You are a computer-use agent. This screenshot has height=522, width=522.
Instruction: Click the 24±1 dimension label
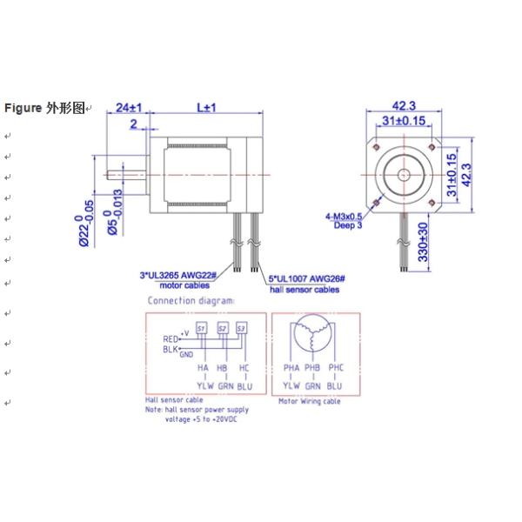pos(129,107)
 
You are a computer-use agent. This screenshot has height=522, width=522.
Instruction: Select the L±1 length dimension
pos(206,107)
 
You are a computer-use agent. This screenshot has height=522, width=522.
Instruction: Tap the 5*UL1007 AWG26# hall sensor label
pos(307,278)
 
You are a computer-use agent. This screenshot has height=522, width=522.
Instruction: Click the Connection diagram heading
pos(191,300)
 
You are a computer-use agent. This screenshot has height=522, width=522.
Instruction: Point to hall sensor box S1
pos(201,328)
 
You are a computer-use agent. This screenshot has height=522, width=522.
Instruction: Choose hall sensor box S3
pos(242,328)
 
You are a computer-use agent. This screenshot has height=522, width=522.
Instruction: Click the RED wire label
pos(170,339)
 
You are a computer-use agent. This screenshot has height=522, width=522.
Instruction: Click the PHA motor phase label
pos(291,368)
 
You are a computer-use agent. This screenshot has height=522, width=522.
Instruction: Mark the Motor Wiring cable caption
pos(309,401)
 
